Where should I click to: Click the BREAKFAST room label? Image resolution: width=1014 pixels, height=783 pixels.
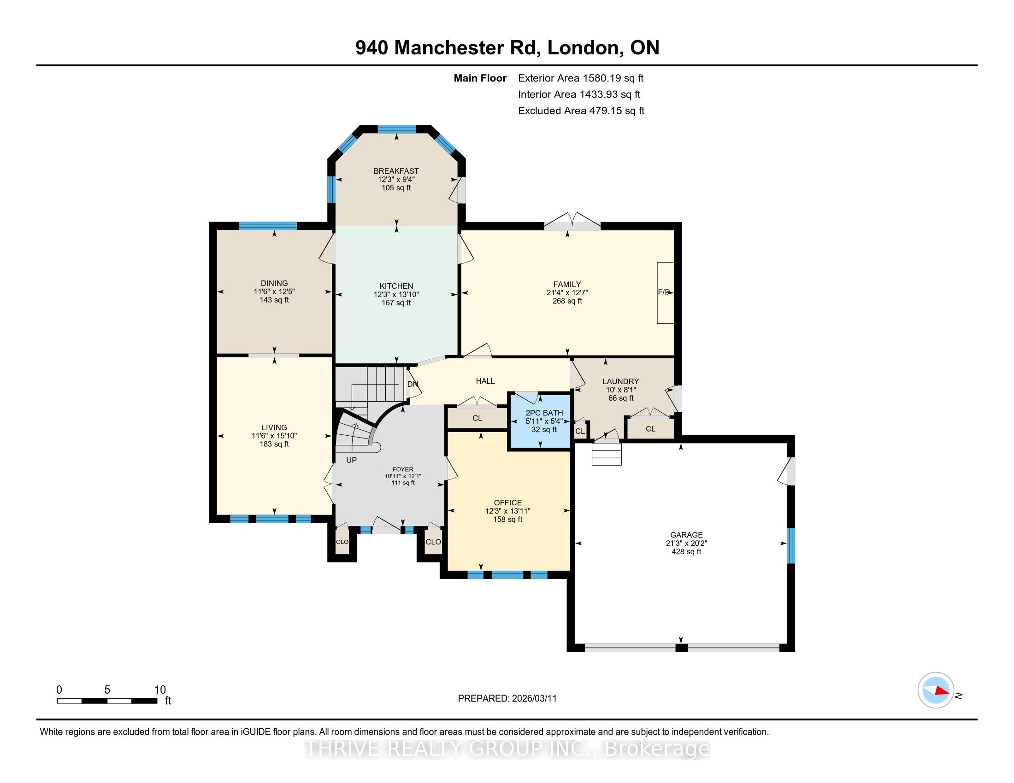coord(396,171)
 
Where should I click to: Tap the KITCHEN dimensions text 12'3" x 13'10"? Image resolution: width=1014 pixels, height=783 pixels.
coord(396,295)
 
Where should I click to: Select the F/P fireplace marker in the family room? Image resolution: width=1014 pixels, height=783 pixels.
coord(664,292)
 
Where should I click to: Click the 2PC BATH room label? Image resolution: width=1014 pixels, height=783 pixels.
coord(544,413)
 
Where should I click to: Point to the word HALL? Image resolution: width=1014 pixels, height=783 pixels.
coord(485,381)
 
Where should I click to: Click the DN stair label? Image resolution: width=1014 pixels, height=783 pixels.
coord(413,384)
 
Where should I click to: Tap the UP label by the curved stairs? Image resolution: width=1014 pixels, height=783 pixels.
coord(352,460)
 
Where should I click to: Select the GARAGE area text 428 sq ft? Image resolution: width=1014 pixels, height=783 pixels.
coord(686,552)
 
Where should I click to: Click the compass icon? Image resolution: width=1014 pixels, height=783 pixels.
coord(936,690)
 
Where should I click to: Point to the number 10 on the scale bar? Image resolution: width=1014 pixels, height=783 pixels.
coord(160,690)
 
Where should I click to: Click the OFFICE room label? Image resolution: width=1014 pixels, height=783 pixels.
coord(508,503)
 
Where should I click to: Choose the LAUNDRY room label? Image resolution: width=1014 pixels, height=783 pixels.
coord(621,381)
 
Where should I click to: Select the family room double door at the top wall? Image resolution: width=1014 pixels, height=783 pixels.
coord(572,222)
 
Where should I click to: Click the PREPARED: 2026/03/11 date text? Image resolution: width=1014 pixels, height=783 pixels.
coord(507,698)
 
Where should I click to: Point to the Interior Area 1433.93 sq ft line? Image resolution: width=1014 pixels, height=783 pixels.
coord(579,94)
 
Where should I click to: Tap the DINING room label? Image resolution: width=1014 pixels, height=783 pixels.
coord(274,283)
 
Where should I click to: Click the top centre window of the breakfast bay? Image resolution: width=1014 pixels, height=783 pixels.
coord(396,129)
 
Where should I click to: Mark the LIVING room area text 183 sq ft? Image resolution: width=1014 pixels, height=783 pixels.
coord(274,444)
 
